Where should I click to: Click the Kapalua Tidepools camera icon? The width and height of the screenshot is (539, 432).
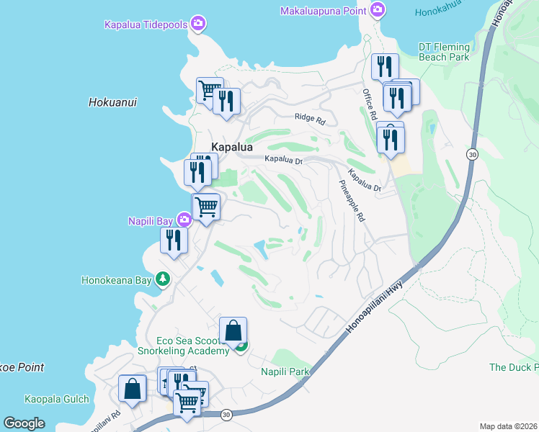click(198, 24)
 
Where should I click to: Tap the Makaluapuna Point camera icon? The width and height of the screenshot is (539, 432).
click(377, 9)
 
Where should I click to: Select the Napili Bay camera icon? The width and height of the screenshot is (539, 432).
click(184, 219)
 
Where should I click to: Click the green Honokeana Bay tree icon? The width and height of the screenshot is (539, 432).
click(164, 279)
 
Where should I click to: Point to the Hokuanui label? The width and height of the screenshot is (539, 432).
click(112, 102)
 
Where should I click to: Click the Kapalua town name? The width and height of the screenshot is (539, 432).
click(232, 147)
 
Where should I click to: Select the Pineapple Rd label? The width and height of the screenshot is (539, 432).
click(352, 199)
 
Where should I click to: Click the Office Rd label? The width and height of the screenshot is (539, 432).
click(370, 105)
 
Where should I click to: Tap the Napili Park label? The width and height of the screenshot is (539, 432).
click(285, 372)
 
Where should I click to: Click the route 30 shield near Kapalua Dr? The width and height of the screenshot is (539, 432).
click(472, 154)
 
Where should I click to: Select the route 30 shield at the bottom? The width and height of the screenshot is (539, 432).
click(226, 414)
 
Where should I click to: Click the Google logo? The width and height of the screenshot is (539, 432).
click(24, 423)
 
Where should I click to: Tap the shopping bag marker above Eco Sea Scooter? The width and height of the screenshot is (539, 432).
click(233, 331)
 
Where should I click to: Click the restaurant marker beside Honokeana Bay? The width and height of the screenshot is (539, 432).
click(174, 240)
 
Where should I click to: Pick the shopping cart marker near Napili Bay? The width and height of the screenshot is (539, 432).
click(206, 207)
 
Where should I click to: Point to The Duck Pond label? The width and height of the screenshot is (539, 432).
click(513, 367)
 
